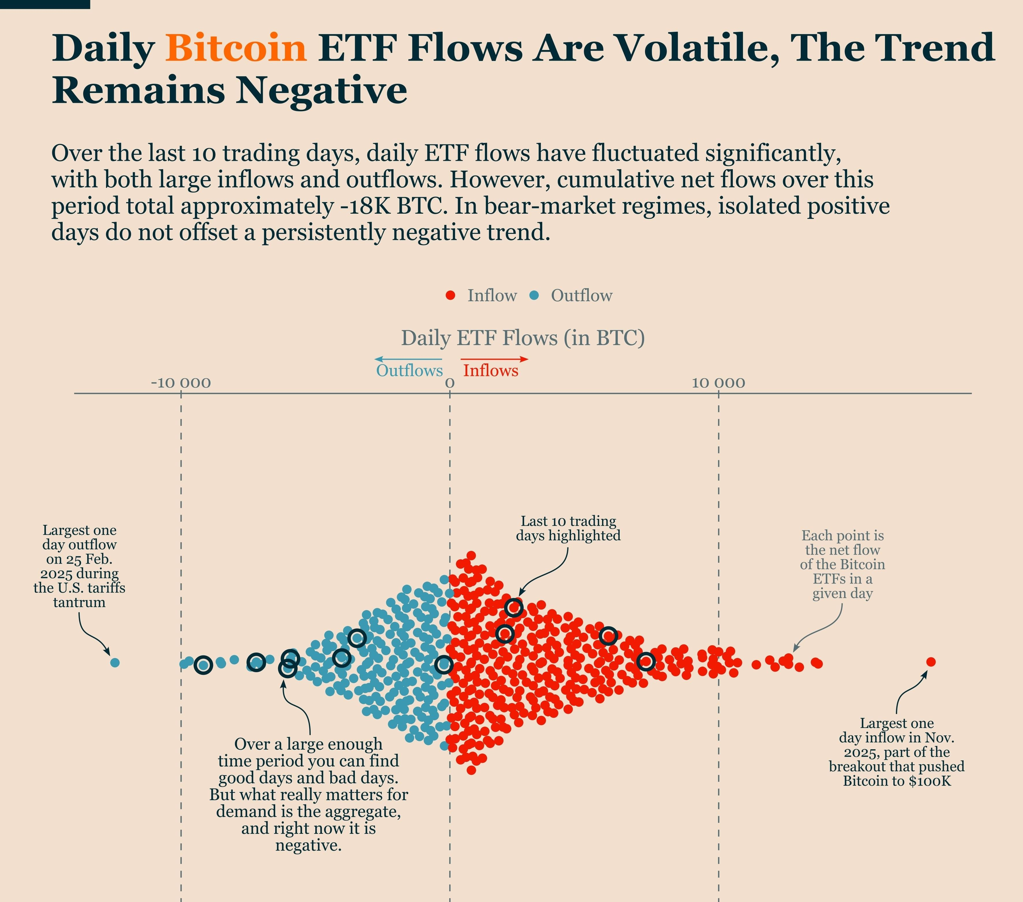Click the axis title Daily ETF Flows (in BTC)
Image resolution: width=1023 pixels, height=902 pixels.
click(523, 338)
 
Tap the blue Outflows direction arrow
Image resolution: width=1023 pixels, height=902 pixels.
click(408, 359)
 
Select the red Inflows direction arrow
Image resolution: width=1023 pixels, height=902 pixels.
click(495, 359)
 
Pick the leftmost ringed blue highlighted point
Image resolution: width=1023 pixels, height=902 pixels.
click(203, 665)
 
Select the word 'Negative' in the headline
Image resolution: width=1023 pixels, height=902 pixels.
click(322, 91)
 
